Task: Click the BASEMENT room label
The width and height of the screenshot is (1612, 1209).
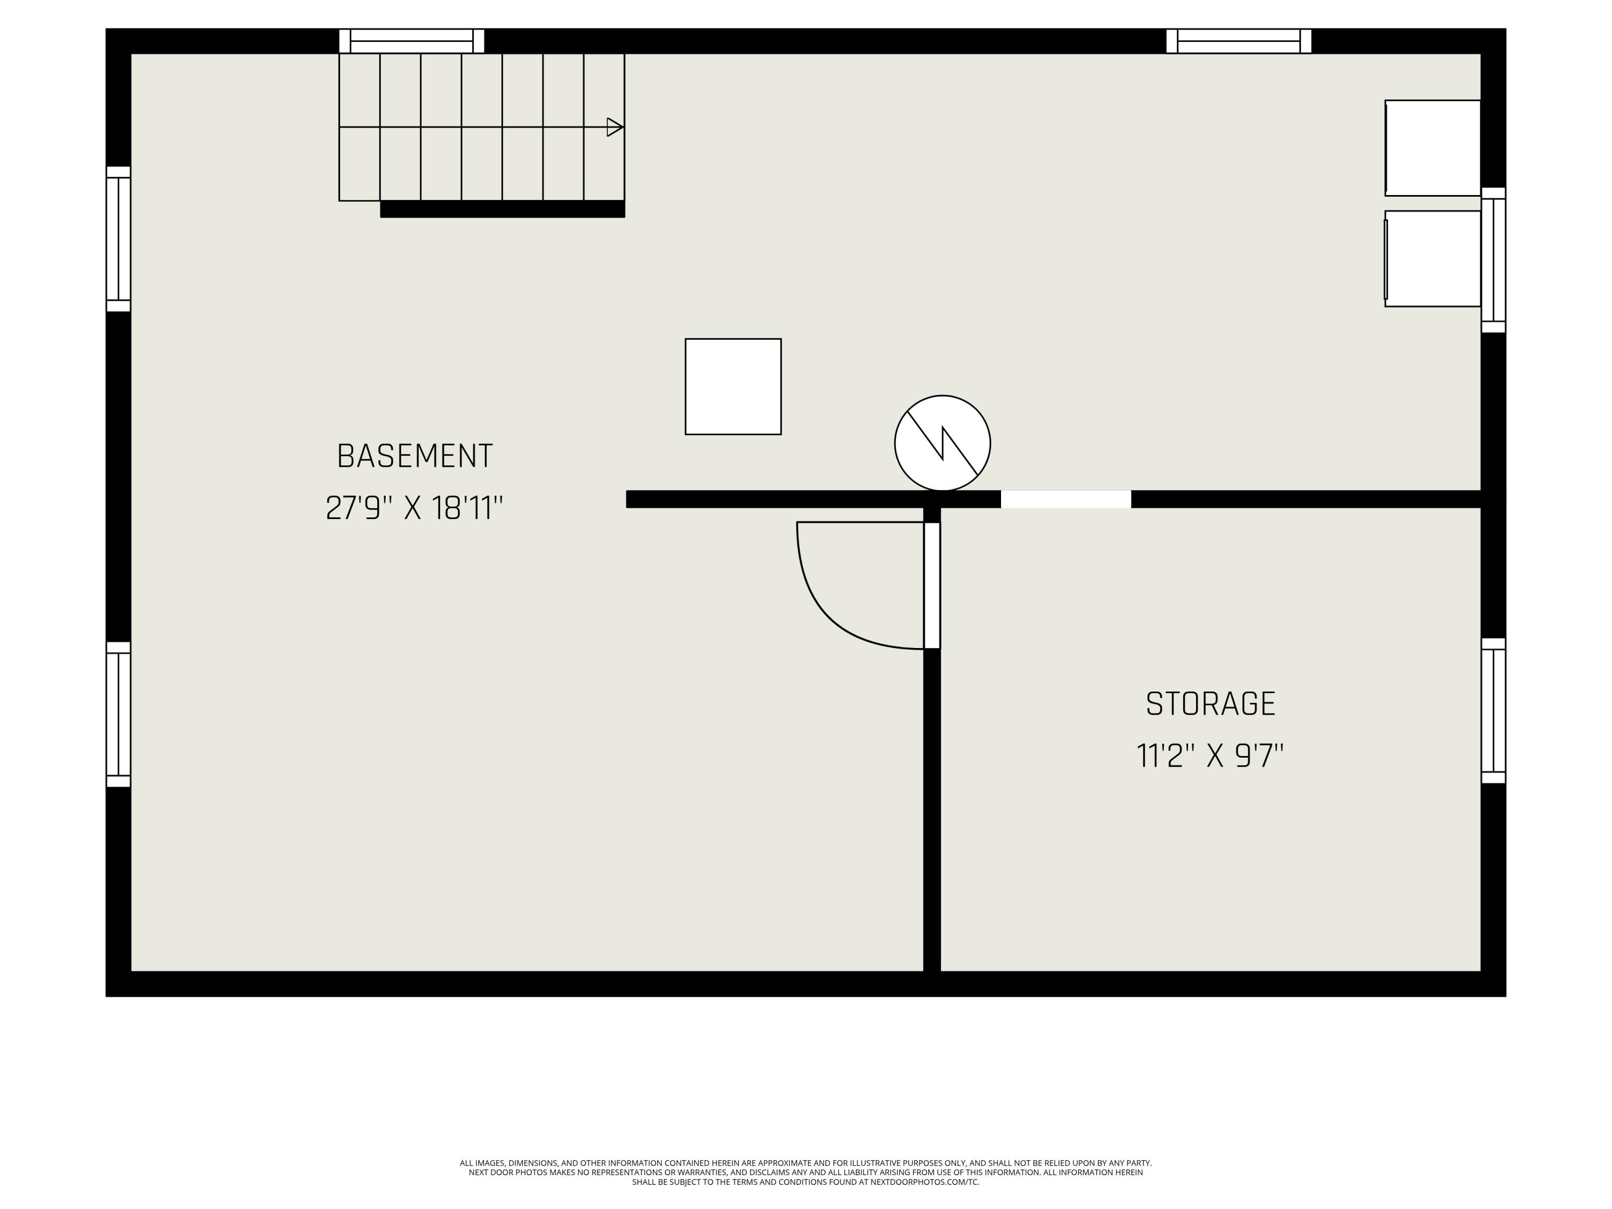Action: pos(415,456)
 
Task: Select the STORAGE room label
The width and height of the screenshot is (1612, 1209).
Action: pos(1211,704)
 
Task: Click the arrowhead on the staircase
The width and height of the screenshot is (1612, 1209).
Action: pos(614,127)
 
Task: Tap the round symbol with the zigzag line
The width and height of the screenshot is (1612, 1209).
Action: pos(942,443)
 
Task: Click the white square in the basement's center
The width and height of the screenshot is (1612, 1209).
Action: pos(733,386)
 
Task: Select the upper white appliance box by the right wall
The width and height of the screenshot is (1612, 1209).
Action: pos(1433,148)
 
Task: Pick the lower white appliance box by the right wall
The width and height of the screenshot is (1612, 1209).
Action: pos(1433,258)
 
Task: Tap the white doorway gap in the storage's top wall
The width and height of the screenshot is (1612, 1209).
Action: pos(1066,499)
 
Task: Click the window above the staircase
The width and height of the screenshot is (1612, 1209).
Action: pos(412,41)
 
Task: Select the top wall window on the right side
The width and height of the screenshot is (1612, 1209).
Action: pos(1239,41)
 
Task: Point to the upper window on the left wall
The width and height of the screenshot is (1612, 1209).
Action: pos(118,239)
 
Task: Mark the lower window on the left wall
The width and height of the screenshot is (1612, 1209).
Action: pos(118,714)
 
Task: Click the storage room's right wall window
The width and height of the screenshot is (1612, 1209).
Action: pos(1493,710)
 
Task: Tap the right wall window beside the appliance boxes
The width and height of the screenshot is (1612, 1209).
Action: pos(1493,260)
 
